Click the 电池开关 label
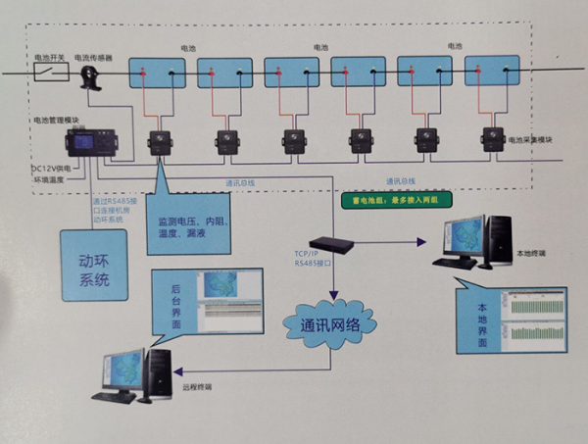point(49,58)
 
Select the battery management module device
point(89,143)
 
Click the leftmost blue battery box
point(160,73)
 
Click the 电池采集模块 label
point(530,140)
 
